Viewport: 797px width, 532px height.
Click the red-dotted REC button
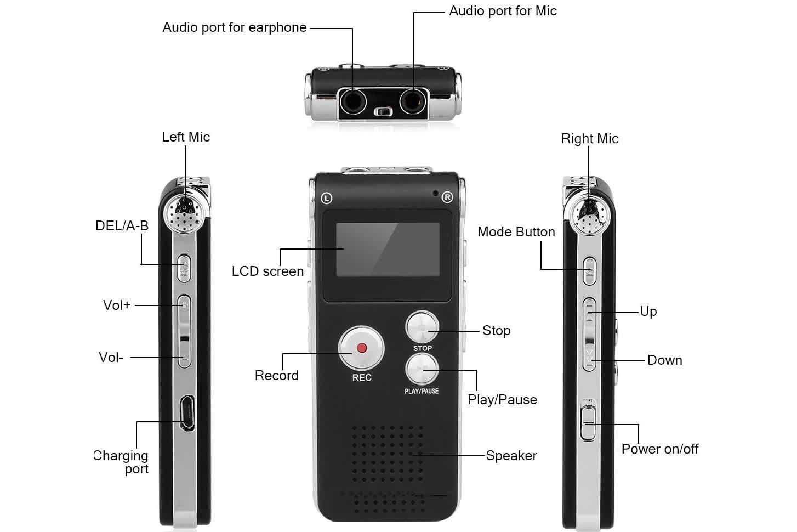tap(361, 348)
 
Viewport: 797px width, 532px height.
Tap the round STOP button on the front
tap(422, 328)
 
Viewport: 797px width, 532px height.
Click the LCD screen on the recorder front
tap(388, 250)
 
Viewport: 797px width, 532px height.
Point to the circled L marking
tap(327, 198)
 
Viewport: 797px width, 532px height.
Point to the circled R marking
tap(447, 197)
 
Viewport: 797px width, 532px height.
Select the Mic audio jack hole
tap(412, 101)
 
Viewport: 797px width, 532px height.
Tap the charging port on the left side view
tap(187, 412)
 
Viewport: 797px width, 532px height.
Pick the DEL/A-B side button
tap(185, 268)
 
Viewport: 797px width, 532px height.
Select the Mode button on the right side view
tap(589, 271)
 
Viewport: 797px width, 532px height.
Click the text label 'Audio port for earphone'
tap(234, 27)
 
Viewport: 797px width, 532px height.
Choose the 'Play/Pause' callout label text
tap(502, 400)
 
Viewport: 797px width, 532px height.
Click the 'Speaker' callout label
tap(511, 456)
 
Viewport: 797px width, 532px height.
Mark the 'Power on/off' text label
tap(659, 449)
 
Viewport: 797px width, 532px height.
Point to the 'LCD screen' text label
tap(267, 271)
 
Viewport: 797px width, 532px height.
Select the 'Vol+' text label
tap(117, 305)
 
